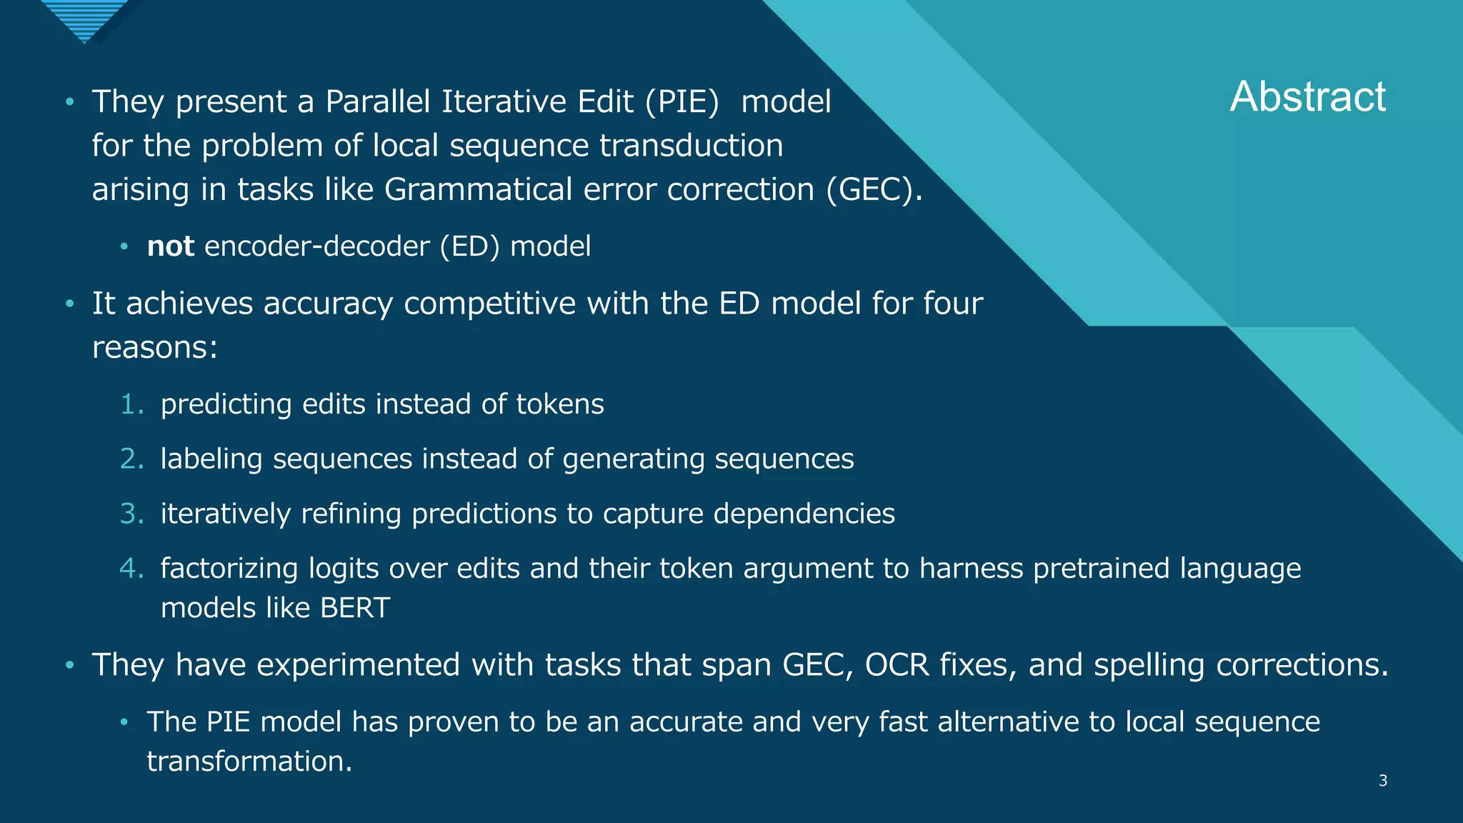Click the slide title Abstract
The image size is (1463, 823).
tap(1307, 97)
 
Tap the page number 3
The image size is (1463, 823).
tap(1383, 781)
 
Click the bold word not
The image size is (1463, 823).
tap(170, 246)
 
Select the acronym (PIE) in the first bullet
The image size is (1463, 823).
tap(681, 102)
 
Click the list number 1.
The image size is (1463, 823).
tap(132, 404)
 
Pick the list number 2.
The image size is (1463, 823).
tap(132, 459)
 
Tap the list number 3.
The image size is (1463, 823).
tap(132, 514)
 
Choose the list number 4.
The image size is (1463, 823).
tap(132, 569)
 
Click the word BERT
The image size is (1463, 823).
tap(355, 608)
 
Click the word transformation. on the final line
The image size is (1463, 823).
tap(249, 762)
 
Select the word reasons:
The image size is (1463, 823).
tap(155, 348)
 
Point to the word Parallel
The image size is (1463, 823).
tap(379, 102)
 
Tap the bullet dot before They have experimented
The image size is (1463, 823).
tap(69, 665)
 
